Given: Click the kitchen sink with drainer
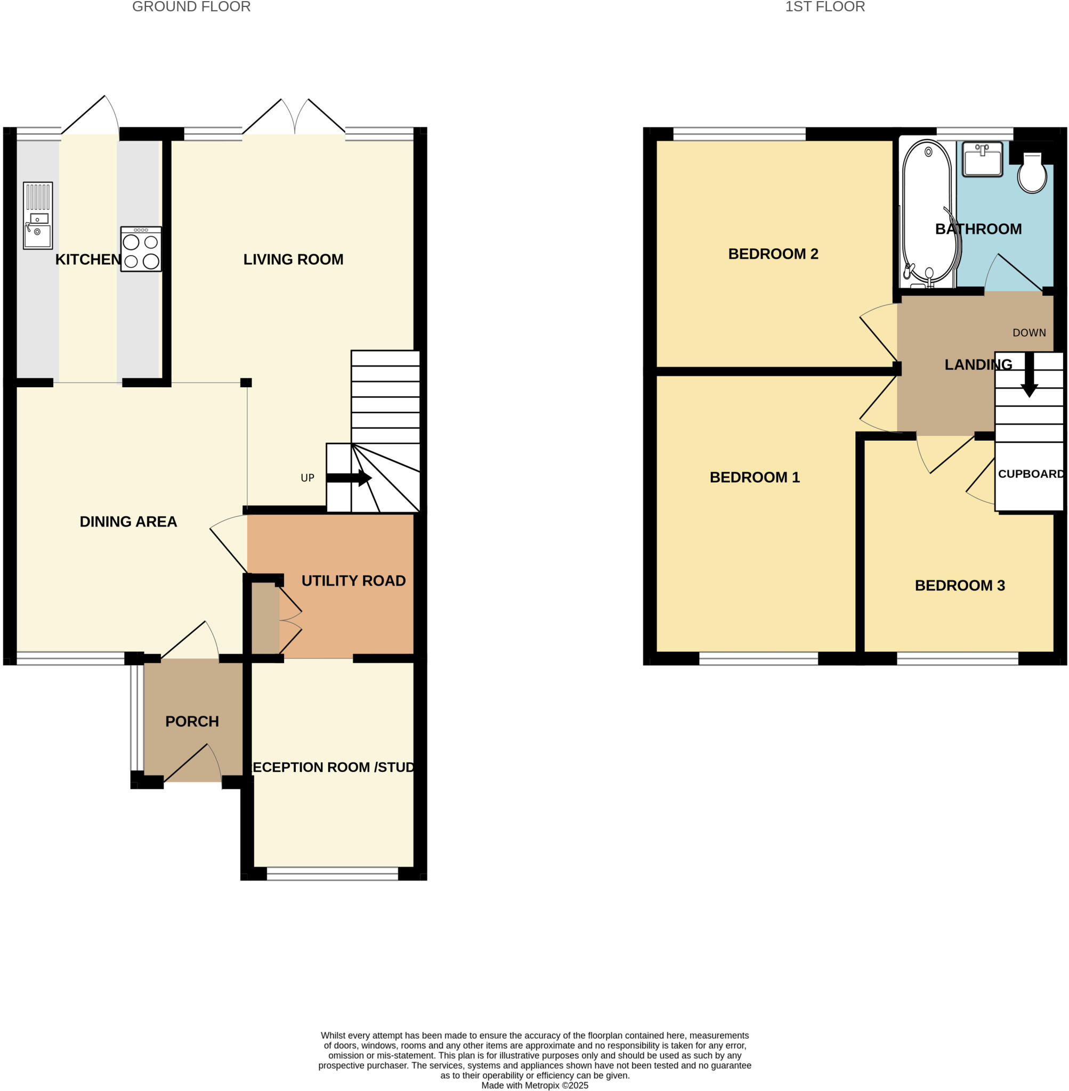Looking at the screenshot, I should [x=38, y=216].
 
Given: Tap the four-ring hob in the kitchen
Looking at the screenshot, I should [x=141, y=249].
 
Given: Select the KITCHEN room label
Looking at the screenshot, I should [x=88, y=259].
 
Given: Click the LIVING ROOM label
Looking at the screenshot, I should [x=293, y=259].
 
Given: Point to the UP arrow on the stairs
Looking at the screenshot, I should [x=349, y=478].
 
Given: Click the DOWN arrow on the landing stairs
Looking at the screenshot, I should [x=1028, y=375].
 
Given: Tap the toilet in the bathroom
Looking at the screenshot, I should [x=1032, y=174].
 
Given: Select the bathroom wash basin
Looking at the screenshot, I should [x=982, y=159].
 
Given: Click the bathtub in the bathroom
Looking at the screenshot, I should [x=927, y=213].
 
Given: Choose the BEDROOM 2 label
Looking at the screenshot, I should [x=773, y=254].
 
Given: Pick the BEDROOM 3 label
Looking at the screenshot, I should [x=960, y=585].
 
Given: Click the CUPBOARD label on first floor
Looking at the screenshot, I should [x=1030, y=474].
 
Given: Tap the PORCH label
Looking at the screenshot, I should [x=192, y=721].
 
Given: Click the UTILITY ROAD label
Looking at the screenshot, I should [x=353, y=580].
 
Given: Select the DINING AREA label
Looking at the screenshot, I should [x=128, y=522].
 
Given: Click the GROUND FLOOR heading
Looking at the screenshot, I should [x=191, y=7].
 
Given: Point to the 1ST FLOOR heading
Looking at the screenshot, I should [x=824, y=7].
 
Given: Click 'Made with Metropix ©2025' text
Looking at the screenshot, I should [x=534, y=1085].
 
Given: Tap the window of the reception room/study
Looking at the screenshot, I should [x=333, y=873].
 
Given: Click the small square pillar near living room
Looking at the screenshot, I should [x=246, y=382].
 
